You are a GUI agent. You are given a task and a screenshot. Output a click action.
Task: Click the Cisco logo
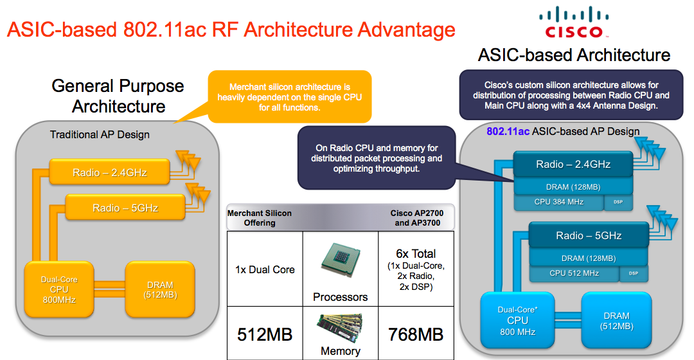point(573,22)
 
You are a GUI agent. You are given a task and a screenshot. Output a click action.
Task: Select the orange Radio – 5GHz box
point(125,208)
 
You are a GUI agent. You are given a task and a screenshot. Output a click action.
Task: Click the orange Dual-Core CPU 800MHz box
point(60,290)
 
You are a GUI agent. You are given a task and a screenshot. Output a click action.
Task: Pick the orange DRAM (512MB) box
point(159,290)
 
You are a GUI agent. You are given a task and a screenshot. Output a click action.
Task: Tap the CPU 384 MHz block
point(558,202)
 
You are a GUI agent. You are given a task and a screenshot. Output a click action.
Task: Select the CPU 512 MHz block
point(574,273)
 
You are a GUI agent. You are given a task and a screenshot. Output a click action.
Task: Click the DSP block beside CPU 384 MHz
point(618,202)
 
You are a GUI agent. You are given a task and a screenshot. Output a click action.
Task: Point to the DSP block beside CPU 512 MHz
point(634,273)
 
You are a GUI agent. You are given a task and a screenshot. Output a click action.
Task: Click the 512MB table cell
point(265,334)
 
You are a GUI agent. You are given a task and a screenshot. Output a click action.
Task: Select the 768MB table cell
point(416,334)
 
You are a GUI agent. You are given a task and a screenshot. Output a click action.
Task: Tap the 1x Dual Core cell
point(265,269)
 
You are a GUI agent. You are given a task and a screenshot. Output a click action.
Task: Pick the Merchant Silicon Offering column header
point(259,218)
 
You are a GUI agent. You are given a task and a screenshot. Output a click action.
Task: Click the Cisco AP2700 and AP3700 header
point(416,218)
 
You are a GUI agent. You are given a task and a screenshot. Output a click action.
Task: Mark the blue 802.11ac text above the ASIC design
point(508,132)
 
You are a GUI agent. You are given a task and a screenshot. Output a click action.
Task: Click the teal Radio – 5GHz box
point(589,236)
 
